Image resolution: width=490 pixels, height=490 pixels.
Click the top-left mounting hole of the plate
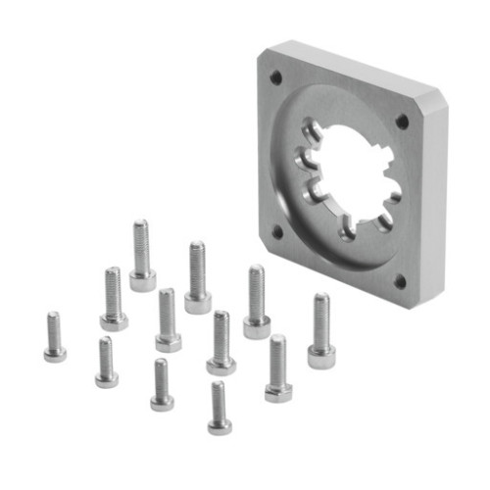[275, 76]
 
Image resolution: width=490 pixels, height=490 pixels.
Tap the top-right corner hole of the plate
[402, 122]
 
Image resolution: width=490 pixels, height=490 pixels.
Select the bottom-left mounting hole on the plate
[278, 232]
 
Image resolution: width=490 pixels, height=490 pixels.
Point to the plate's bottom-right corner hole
[400, 281]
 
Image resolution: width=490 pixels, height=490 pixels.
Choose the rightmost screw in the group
[320, 329]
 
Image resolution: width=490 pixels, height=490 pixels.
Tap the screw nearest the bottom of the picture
[219, 407]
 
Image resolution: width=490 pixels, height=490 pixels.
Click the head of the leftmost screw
[55, 354]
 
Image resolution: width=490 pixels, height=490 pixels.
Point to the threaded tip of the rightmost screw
[320, 299]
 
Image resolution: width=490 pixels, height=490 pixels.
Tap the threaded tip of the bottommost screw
[218, 386]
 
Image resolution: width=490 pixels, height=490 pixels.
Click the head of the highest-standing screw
[142, 282]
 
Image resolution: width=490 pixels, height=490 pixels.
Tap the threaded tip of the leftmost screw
[53, 318]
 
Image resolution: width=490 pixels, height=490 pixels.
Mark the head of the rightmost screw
[321, 356]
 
